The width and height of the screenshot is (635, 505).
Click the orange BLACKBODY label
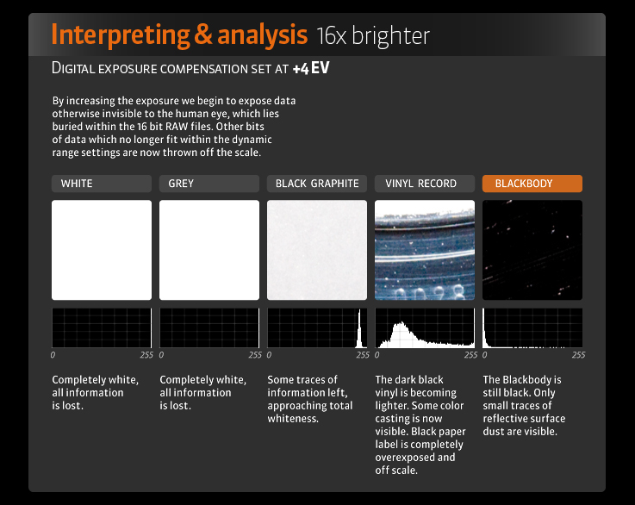(532, 184)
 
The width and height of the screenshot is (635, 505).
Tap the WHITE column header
(102, 184)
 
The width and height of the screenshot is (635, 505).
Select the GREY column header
(209, 184)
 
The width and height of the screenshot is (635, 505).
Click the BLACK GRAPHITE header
(317, 184)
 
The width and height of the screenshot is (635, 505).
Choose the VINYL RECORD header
(425, 184)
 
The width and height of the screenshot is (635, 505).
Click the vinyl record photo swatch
(425, 250)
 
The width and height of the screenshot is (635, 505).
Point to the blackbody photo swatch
(532, 250)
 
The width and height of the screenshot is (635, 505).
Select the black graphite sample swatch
(317, 250)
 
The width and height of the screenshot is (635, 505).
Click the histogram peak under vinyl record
(402, 323)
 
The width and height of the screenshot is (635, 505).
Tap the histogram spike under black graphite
(359, 329)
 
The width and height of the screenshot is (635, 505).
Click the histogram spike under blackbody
(483, 328)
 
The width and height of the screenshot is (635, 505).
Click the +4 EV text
(311, 68)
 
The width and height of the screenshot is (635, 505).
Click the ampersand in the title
(203, 34)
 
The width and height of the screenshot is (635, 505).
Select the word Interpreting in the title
(121, 35)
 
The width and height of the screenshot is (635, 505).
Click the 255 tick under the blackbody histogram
(578, 355)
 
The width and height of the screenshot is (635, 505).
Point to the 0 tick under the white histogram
(53, 355)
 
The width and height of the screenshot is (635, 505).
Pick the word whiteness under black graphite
(293, 419)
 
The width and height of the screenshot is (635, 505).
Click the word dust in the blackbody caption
(492, 432)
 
